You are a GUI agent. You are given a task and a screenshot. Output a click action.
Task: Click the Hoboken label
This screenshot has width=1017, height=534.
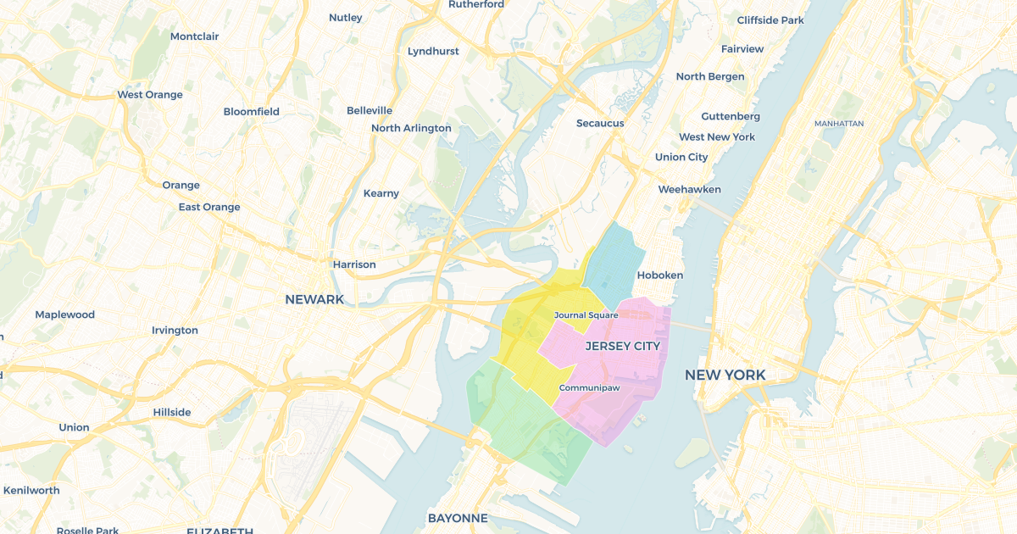[x=659, y=275]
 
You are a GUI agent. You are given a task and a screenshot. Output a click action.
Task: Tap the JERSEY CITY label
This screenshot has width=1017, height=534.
[x=622, y=346]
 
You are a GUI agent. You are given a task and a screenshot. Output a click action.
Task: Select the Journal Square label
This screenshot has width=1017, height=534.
[x=586, y=315]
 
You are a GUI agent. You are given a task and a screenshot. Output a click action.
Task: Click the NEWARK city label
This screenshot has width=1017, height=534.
[x=314, y=299]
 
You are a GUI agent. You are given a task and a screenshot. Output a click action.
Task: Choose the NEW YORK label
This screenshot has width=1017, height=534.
[x=725, y=375]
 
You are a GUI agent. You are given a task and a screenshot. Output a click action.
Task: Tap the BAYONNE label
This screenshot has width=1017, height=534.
[x=458, y=518]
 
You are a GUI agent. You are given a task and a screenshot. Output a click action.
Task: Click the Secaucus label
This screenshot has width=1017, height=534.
[x=600, y=123]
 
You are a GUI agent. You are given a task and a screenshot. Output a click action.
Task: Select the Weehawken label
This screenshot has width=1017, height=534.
[x=689, y=189]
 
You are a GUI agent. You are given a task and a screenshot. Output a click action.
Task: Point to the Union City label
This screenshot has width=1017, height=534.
[x=681, y=157]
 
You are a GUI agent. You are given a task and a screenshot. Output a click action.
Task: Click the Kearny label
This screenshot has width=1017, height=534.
[x=381, y=193]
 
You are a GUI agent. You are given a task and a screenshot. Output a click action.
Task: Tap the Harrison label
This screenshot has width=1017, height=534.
[x=354, y=264]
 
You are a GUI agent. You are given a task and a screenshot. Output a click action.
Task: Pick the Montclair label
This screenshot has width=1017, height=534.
[x=194, y=36]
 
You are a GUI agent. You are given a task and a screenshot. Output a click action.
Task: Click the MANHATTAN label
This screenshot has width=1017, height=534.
[x=838, y=124]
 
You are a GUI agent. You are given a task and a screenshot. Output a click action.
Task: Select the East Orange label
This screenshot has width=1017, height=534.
[x=209, y=207]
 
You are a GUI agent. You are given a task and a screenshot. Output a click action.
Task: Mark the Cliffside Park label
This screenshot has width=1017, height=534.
[x=770, y=19]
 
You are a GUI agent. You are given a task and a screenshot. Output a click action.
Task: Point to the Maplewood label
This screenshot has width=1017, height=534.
[x=65, y=314]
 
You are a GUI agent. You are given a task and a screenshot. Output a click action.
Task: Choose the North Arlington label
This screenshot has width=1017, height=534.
[x=411, y=128]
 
